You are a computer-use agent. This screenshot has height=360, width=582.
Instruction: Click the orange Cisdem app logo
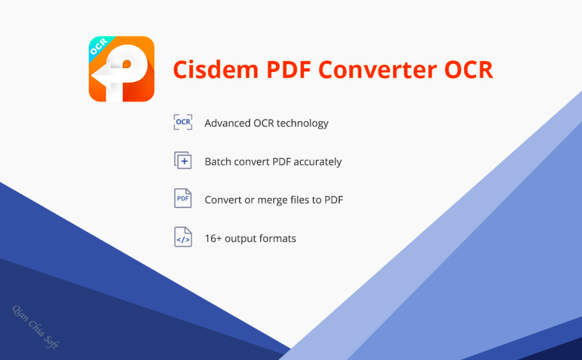point(121,69)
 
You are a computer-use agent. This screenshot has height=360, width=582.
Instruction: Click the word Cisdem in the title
point(216,70)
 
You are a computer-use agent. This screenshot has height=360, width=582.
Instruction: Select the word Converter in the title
point(378,70)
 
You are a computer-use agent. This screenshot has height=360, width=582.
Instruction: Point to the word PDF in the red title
point(288,70)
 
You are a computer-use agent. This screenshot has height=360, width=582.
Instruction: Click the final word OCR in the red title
point(468,70)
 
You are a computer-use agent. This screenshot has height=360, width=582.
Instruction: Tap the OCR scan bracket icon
point(183,122)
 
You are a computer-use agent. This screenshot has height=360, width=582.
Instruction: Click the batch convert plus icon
point(183,160)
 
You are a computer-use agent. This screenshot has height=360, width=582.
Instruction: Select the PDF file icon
point(183,198)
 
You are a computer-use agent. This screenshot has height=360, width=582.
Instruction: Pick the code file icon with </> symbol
point(183,237)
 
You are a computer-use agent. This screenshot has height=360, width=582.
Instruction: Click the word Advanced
point(228,123)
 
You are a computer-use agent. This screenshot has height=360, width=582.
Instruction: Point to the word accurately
point(318,162)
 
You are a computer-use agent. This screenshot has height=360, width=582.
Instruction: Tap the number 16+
point(214,238)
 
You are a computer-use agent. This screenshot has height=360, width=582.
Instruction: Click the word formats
point(277,238)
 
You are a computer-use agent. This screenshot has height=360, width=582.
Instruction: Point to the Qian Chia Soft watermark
point(36,327)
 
